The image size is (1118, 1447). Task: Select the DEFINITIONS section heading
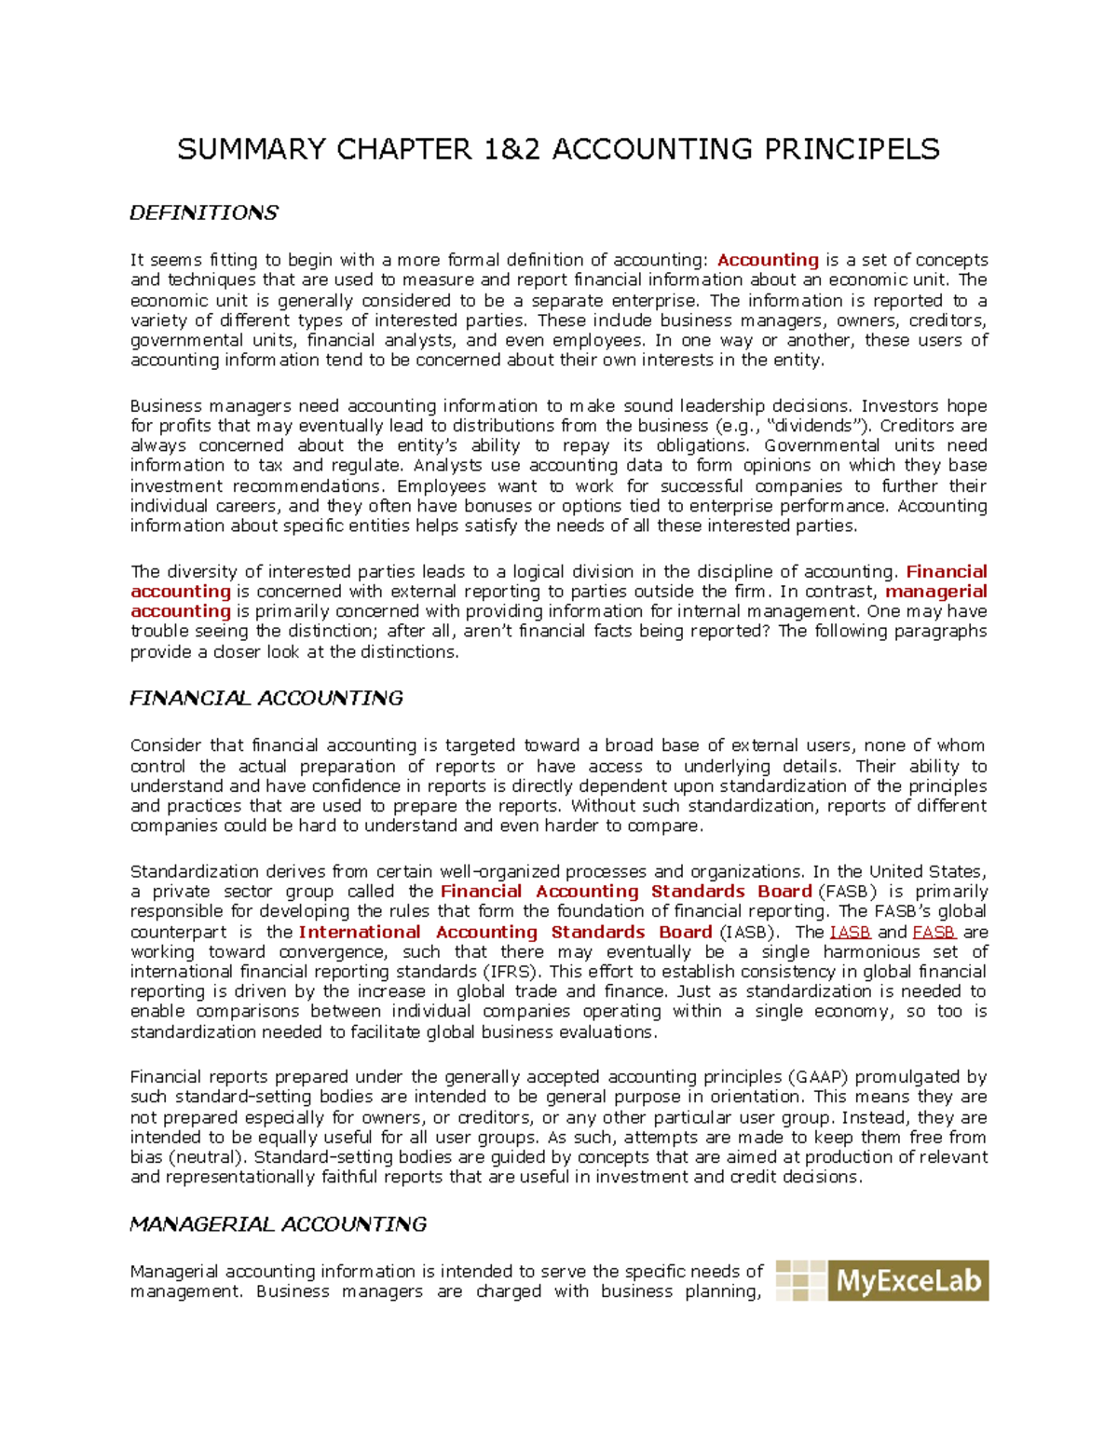tap(203, 213)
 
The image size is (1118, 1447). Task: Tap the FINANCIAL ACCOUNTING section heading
tap(266, 698)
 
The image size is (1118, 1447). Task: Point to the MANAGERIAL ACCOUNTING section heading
tap(278, 1224)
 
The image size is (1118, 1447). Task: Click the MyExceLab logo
tap(881, 1280)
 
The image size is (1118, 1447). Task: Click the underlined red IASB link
tap(850, 932)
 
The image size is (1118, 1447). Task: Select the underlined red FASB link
tap(934, 932)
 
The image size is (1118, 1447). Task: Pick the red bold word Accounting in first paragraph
tap(768, 260)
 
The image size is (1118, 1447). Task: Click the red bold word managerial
tap(935, 592)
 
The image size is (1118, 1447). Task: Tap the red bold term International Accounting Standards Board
tap(505, 932)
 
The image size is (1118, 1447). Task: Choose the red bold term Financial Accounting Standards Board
tap(625, 892)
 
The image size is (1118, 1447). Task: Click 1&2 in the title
tap(511, 149)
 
